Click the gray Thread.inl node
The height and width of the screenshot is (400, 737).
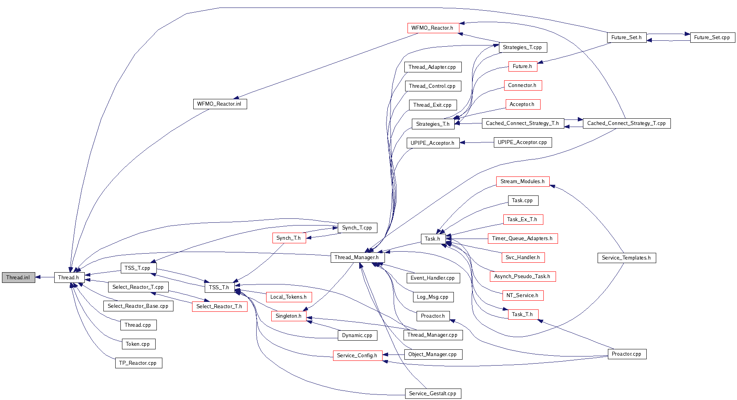tap(18, 277)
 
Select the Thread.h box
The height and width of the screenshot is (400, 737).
tap(69, 277)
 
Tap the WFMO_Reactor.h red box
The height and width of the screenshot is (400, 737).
tap(433, 28)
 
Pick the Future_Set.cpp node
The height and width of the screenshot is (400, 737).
tap(712, 37)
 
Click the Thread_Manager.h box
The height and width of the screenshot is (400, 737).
tap(357, 257)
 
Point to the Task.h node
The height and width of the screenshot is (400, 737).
tap(433, 239)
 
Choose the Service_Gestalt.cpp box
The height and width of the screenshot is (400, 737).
tap(433, 393)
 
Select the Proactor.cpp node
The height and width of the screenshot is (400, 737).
tap(627, 354)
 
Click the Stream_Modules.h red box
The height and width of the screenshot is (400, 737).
tap(522, 181)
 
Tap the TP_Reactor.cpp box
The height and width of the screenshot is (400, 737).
tap(138, 363)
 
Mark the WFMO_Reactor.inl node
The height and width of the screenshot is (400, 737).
tap(219, 104)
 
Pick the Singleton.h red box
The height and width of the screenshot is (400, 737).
tap(289, 316)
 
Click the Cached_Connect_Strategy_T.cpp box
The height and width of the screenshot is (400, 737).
tap(627, 123)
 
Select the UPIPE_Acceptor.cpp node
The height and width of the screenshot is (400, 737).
tap(522, 142)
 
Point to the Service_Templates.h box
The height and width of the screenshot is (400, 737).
tap(627, 258)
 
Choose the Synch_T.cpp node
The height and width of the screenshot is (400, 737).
tap(357, 227)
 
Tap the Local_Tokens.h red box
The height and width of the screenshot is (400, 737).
tap(289, 297)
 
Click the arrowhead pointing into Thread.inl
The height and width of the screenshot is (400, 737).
tap(38, 277)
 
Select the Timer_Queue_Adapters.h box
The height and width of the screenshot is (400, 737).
tap(522, 238)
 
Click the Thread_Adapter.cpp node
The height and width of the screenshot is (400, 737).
tap(432, 67)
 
